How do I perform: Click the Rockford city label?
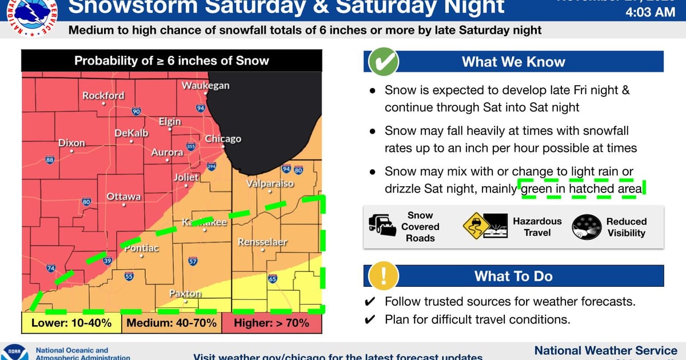103,95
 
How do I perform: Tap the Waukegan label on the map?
205,86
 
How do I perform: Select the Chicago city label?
223,139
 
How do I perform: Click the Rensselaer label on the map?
262,242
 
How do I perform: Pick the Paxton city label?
185,293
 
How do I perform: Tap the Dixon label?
71,143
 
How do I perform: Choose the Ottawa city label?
123,197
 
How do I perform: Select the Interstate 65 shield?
273,279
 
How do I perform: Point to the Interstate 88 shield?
50,160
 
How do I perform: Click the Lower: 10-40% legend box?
71,323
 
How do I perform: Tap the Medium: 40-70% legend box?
171,323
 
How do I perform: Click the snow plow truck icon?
382,227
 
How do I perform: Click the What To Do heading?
513,277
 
